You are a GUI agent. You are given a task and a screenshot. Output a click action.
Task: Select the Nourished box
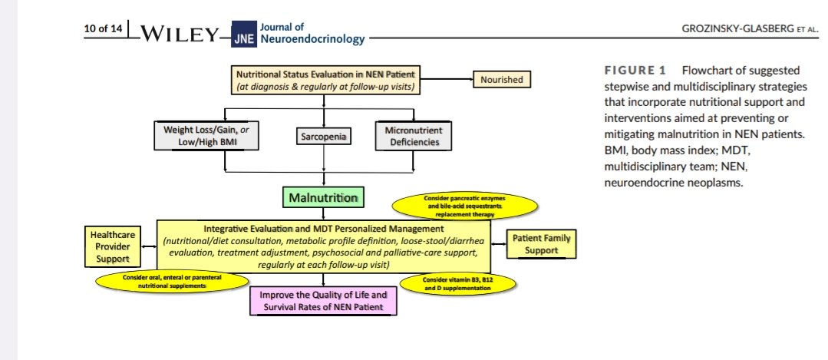click(x=502, y=79)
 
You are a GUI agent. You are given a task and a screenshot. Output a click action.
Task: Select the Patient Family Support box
click(x=541, y=244)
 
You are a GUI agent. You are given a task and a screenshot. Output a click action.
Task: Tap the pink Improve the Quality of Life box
click(x=323, y=300)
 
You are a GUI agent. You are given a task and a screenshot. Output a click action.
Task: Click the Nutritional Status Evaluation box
click(x=326, y=80)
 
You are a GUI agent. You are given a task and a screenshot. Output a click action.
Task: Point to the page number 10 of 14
click(x=104, y=31)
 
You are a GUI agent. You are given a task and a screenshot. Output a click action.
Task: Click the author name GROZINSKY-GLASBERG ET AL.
click(x=736, y=29)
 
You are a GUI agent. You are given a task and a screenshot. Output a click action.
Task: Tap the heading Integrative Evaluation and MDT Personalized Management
click(x=325, y=229)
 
